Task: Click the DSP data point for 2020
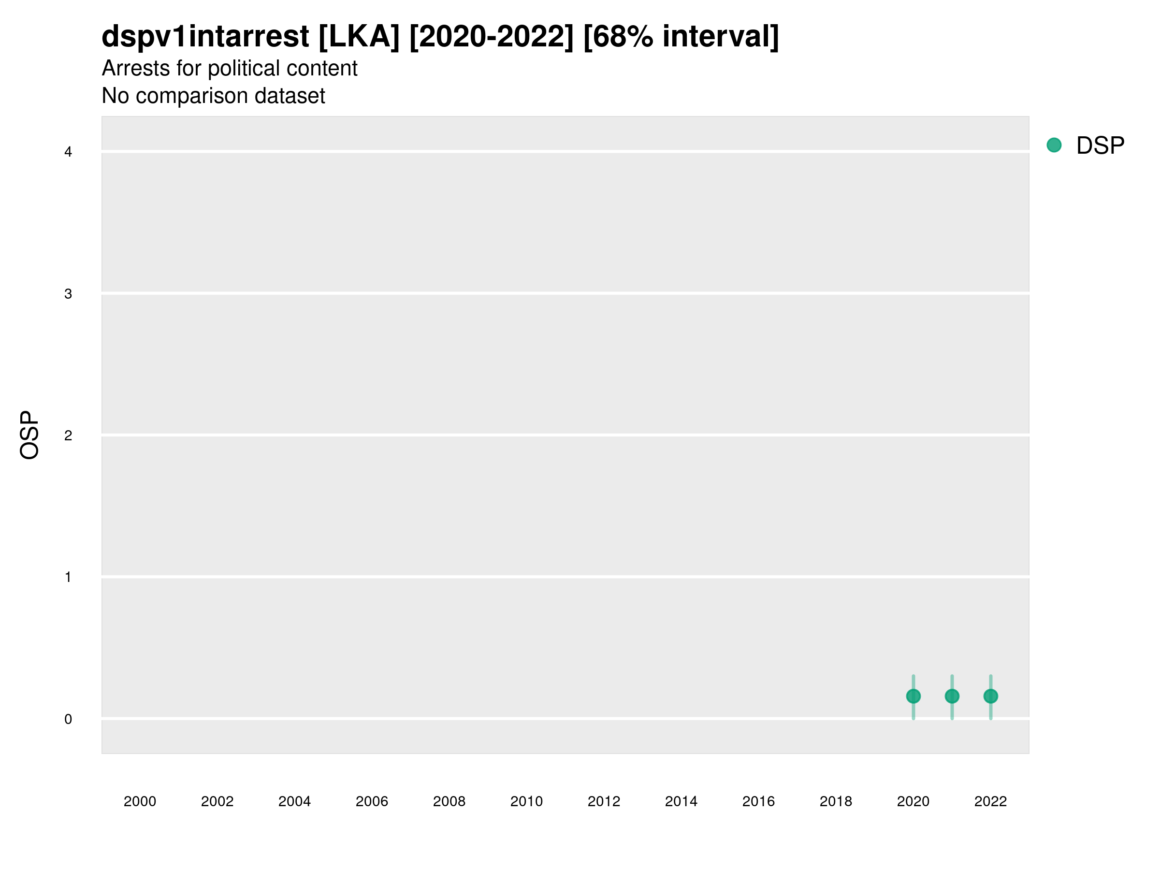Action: (x=913, y=696)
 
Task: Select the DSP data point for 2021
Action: (x=952, y=696)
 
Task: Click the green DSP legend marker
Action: (x=1054, y=145)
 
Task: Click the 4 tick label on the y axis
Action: (x=68, y=152)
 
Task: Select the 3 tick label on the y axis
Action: (x=68, y=294)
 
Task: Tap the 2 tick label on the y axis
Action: (x=68, y=435)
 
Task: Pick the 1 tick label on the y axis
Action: (x=68, y=578)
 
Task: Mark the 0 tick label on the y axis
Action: (x=68, y=719)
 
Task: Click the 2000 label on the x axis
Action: (x=140, y=801)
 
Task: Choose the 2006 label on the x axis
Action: (x=372, y=801)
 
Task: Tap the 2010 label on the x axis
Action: (x=526, y=801)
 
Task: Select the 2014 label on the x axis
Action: (x=681, y=801)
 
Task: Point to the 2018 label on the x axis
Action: (x=836, y=801)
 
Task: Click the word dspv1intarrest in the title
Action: (x=205, y=37)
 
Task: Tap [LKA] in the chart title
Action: (x=359, y=37)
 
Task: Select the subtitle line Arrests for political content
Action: (x=229, y=68)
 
